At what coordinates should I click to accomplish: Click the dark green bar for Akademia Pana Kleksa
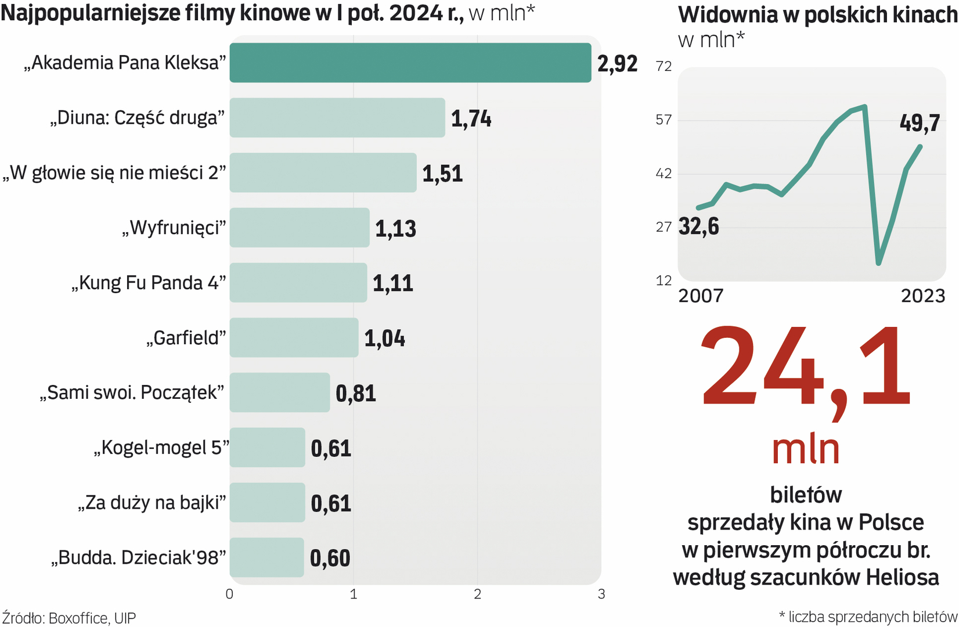coord(410,63)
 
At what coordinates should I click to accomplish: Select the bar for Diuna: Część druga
coord(337,118)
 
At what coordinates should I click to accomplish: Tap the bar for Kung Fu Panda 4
coord(298,283)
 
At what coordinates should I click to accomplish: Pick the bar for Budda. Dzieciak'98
coord(266,557)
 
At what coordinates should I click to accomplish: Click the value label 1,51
coord(442,174)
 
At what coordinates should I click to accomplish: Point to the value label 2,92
coord(617,63)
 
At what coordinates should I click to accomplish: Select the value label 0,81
coord(356,394)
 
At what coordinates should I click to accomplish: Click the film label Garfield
coord(186,338)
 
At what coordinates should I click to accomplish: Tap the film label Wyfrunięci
coord(174,228)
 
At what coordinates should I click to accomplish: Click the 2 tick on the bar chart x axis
coord(477,594)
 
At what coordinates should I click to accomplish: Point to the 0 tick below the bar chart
coord(229,594)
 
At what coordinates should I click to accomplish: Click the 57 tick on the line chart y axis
coord(664,120)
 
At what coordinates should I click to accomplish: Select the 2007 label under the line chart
coord(701,296)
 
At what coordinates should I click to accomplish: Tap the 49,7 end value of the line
coord(920,123)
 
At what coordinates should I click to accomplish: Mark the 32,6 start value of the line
coord(699,226)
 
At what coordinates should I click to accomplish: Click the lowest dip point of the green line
coord(879,264)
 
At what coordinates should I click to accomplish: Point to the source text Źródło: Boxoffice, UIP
coord(68,618)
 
